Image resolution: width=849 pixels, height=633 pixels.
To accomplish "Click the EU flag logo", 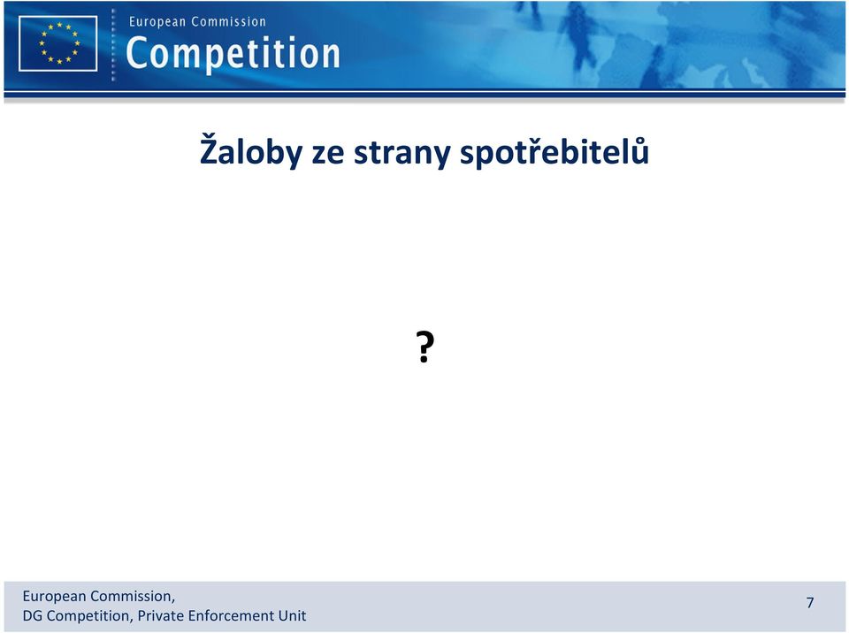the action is coord(58,43).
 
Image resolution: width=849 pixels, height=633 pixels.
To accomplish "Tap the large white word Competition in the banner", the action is coord(233,53).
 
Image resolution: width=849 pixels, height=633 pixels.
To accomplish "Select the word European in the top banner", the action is coord(157,22).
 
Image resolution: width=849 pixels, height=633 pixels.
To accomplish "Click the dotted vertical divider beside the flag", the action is coord(113,45).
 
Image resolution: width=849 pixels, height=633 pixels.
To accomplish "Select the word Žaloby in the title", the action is coord(251,151).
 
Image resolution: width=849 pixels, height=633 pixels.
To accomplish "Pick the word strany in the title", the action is coord(402,153).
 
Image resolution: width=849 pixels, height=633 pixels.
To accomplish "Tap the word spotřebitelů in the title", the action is coord(555,151).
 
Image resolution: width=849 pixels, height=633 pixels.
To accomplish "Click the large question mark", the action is coord(425,347).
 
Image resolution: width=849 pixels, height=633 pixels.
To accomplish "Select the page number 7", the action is coord(810,603).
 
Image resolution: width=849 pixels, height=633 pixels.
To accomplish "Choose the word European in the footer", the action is coord(54,597).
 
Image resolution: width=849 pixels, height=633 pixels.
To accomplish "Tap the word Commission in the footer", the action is coord(133,596).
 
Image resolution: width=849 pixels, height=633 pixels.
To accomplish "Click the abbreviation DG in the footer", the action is coord(33,615).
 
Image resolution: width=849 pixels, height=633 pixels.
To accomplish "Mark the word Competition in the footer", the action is coord(90,616).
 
